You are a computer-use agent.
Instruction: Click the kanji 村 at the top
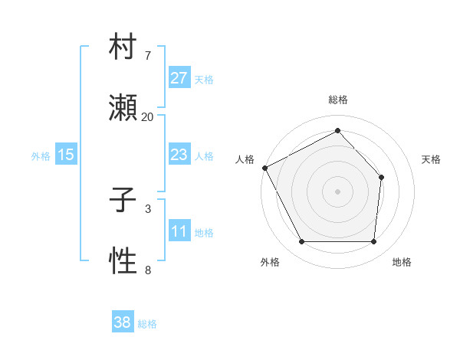(123, 51)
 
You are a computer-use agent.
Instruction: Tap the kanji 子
(123, 203)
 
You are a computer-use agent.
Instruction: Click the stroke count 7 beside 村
(147, 56)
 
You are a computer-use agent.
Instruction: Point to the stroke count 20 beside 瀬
(147, 117)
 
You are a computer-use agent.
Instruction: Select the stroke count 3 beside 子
(147, 208)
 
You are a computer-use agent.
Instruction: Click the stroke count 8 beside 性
(147, 270)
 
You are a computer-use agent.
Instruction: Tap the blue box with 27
(179, 78)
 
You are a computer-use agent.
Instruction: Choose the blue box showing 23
(179, 155)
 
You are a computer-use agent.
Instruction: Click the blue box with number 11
(179, 231)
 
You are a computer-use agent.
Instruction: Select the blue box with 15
(66, 155)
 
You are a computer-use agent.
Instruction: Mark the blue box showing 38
(123, 322)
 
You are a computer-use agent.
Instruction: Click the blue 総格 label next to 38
(147, 324)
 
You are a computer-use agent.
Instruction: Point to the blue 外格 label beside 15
(41, 156)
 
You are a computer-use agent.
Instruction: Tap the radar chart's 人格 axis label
(245, 159)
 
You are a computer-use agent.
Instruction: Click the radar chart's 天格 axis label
(431, 159)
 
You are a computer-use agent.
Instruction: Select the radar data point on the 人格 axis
(264, 168)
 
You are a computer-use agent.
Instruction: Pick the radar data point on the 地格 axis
(374, 242)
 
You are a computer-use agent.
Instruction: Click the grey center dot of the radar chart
(337, 191)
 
